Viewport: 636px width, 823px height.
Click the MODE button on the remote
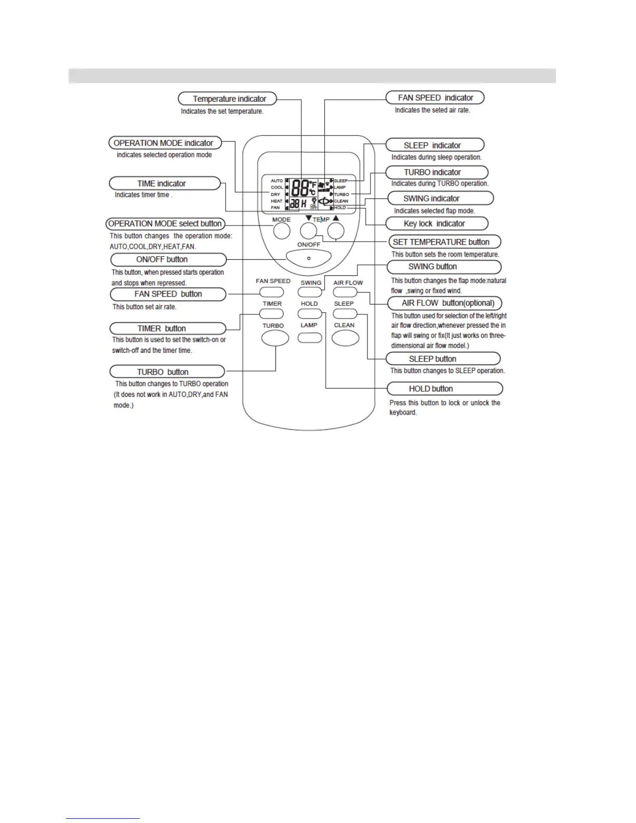(282, 231)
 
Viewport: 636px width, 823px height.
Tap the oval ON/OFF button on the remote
(309, 257)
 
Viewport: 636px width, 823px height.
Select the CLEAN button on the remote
(346, 338)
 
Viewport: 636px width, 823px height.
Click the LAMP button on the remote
(310, 338)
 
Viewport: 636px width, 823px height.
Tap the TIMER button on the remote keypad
(272, 314)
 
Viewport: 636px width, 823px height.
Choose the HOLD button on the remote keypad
(310, 314)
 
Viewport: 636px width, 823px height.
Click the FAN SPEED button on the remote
(272, 292)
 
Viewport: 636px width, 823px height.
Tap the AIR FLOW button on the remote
(345, 292)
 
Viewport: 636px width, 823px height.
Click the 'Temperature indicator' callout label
(228, 99)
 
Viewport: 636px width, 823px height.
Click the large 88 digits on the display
(300, 188)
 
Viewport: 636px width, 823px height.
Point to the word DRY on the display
(275, 194)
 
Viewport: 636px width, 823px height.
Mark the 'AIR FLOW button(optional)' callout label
(445, 303)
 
